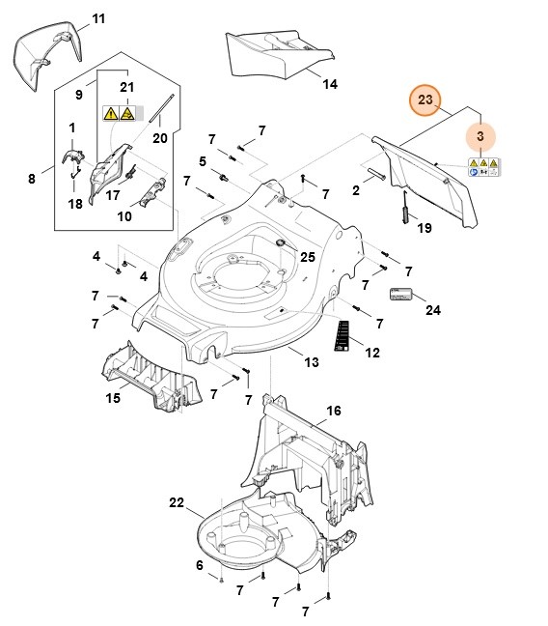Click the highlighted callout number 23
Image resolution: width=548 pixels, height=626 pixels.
coord(425,100)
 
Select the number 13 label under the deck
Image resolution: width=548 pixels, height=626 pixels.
coord(311,362)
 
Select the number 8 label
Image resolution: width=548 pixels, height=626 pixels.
coord(32,178)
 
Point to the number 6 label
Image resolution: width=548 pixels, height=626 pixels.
coord(199,565)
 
